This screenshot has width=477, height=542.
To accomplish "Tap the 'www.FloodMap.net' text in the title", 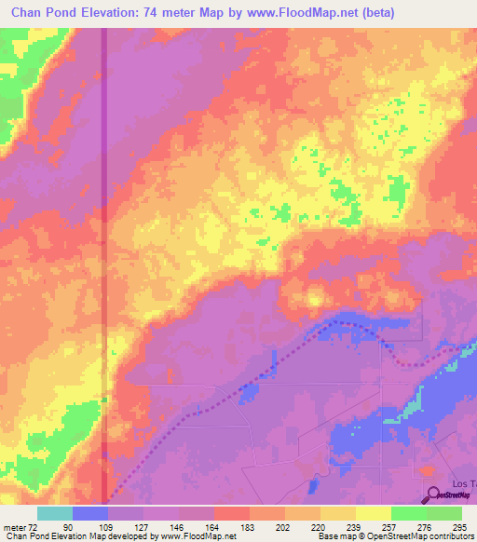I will click(284, 13).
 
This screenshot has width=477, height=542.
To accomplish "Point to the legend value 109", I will click(108, 526).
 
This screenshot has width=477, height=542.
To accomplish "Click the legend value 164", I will click(213, 526).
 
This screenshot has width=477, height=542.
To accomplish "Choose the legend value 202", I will click(284, 526).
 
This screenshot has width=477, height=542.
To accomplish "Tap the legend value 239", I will click(355, 526).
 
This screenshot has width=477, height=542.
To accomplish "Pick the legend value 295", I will click(461, 526).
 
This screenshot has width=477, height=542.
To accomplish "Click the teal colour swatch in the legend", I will click(55, 513).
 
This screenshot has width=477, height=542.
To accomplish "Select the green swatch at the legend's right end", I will click(444, 513).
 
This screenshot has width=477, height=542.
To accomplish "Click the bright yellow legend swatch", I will click(374, 513).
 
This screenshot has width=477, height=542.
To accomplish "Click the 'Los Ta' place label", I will click(464, 484).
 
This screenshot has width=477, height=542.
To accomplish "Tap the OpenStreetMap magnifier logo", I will click(432, 495).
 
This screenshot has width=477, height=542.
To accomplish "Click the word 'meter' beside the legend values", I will click(16, 526).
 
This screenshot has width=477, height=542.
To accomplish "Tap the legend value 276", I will click(426, 526).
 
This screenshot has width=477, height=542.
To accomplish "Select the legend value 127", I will click(143, 526).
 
